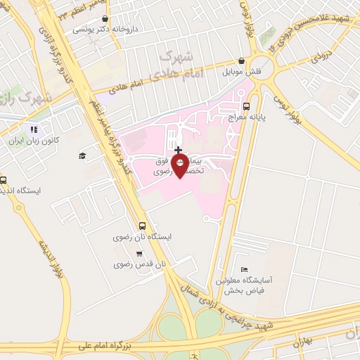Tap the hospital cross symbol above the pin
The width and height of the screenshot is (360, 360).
tap(179, 150)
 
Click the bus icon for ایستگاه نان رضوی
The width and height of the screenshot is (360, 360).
tap(143, 226)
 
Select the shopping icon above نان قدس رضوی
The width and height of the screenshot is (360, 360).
tap(139, 253)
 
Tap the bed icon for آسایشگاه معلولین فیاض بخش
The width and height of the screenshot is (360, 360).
tap(244, 269)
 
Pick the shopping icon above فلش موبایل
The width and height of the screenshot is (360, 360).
tap(241, 61)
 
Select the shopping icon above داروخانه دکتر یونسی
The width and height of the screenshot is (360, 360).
tap(105, 20)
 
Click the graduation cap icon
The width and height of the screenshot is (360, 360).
tap(82, 155)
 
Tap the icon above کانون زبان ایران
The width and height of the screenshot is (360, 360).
tap(33, 129)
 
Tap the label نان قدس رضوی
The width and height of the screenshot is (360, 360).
tap(141, 264)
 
